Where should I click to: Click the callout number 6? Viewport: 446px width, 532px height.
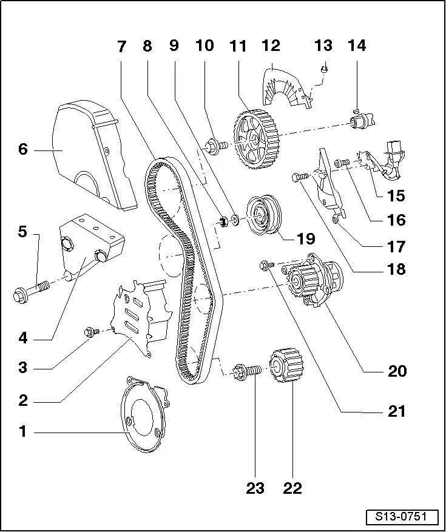point(23,149)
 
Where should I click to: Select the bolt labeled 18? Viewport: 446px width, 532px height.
point(299,177)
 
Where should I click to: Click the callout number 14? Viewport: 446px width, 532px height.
point(357,46)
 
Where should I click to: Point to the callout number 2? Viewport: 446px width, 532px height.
point(23,400)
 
